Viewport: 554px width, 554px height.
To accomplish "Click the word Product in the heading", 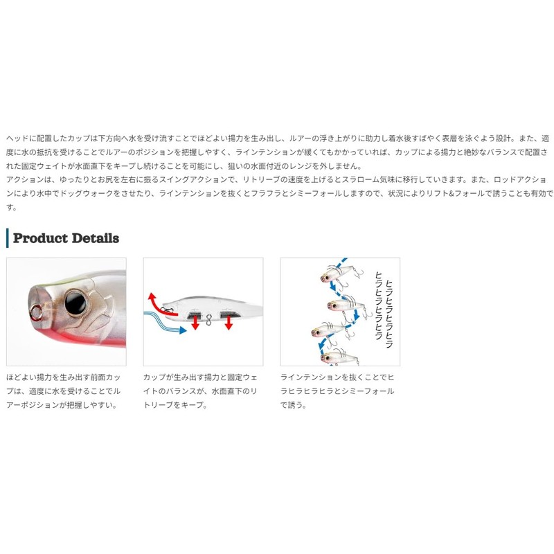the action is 40,238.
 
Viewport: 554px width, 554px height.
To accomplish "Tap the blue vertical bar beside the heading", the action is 8,238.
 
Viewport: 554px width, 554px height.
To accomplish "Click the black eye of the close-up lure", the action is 75,302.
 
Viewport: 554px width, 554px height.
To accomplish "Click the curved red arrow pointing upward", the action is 157,305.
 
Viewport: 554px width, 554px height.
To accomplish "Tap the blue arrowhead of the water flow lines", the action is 183,330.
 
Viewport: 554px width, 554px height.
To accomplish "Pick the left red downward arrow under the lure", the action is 195,323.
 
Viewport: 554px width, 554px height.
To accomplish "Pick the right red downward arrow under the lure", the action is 229,323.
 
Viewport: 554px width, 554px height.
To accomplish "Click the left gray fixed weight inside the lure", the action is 194,314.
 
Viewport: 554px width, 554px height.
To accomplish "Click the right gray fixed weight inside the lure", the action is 230,314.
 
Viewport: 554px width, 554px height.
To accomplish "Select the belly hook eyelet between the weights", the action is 209,320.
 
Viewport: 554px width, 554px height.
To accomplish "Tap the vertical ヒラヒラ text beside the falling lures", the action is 384,310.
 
